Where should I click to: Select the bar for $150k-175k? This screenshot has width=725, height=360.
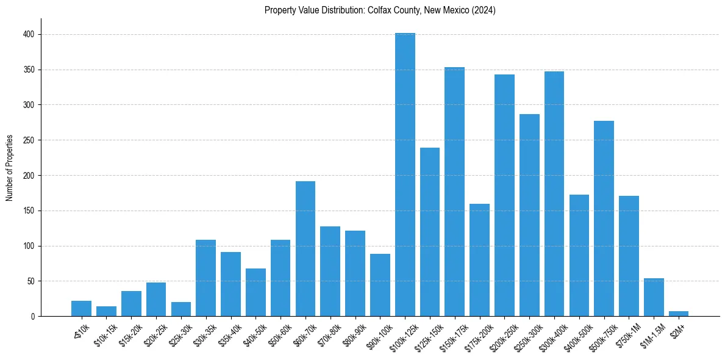pos(455,192)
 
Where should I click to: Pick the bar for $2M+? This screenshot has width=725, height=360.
pos(679,314)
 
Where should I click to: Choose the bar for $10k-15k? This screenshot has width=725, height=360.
pos(106,311)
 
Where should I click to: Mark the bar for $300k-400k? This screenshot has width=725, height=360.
pos(554,194)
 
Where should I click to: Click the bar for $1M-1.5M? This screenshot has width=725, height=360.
pos(654,297)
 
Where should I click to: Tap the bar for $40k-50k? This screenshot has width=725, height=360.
pos(255,292)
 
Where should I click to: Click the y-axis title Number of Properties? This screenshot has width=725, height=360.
pos(10,167)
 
